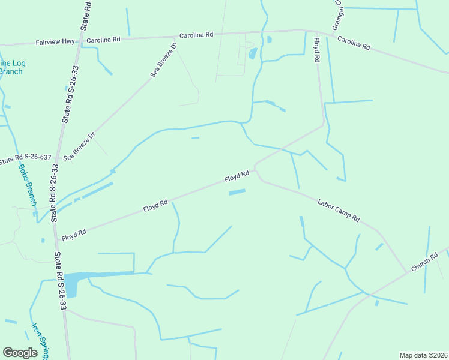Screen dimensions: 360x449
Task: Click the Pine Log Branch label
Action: point(11,67)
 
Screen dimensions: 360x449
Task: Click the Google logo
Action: point(20,353)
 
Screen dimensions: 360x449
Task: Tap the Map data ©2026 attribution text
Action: point(423,355)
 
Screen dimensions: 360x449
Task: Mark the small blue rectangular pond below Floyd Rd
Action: point(237,192)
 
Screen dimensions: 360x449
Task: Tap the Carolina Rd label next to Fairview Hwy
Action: point(103,40)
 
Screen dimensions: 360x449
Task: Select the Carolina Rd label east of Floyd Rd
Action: point(354,43)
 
